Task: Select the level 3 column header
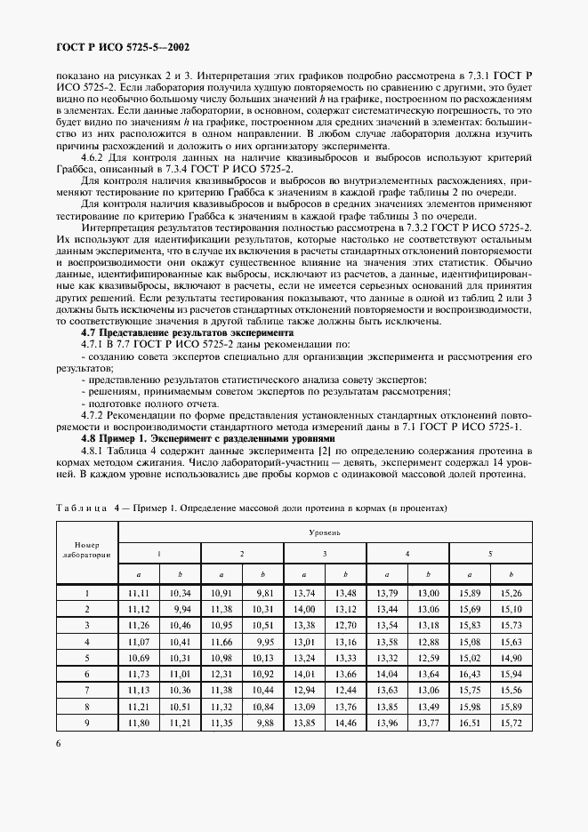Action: [325, 554]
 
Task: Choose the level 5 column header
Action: [491, 554]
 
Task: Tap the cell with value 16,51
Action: [471, 724]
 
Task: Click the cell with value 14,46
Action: [346, 724]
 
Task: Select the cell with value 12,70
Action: [346, 625]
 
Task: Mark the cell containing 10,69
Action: [139, 658]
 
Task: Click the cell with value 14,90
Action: [511, 658]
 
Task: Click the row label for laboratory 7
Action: [87, 691]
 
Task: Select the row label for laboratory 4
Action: [87, 642]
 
